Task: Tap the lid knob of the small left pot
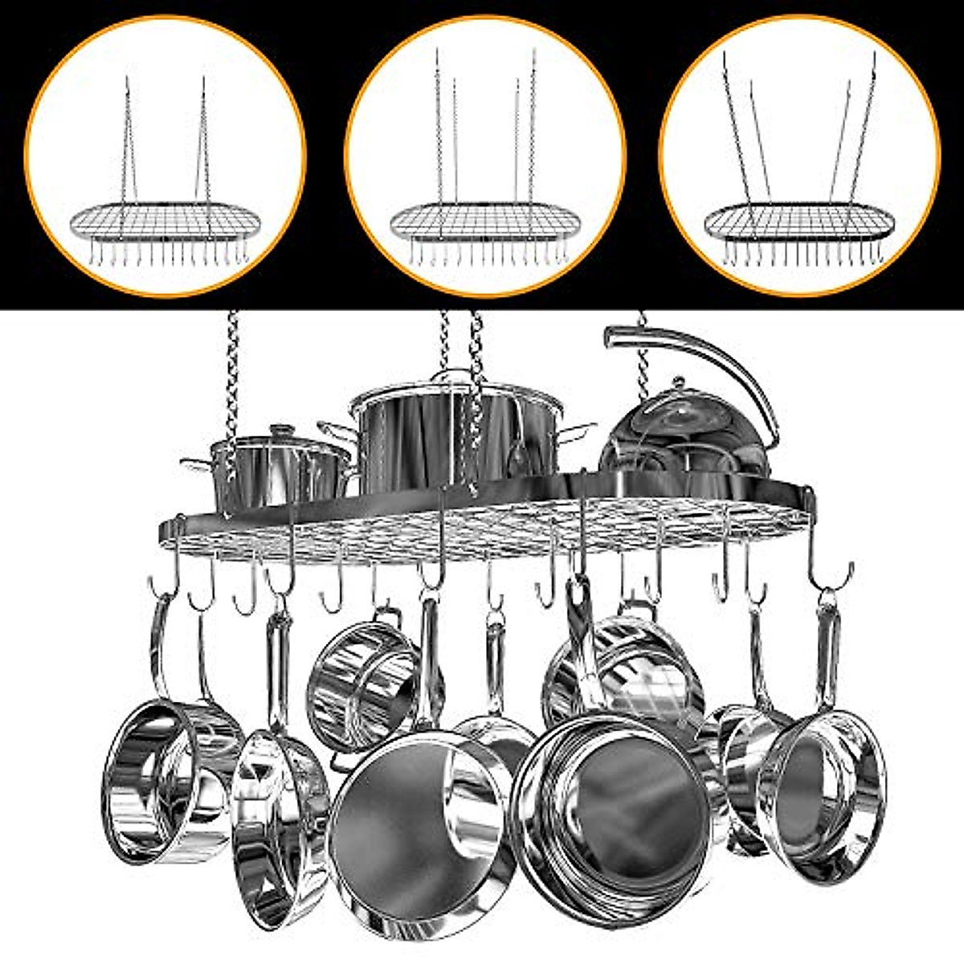(281, 431)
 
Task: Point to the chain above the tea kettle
(641, 353)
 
